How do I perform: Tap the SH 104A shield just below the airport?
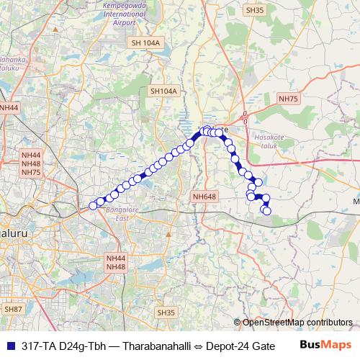click(146, 44)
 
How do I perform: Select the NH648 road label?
click(204, 196)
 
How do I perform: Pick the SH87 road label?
click(14, 309)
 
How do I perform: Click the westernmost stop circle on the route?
click(92, 206)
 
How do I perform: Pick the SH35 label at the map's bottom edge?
click(166, 312)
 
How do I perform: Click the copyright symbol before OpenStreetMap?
click(237, 323)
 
